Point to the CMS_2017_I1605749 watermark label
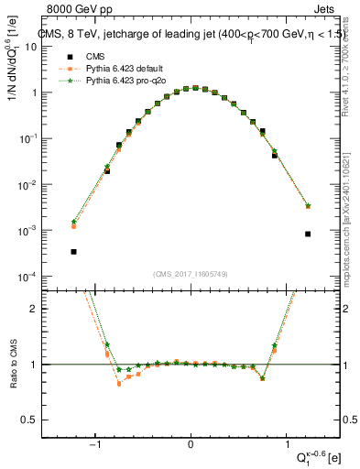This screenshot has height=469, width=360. pos(190,274)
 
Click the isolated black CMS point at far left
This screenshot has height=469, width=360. pos(73,252)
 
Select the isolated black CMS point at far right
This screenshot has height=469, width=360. pos(308,234)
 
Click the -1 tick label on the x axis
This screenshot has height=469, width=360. pos(96,446)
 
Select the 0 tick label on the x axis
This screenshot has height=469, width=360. pos(191,446)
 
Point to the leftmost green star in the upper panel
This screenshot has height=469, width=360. pos(73,222)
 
